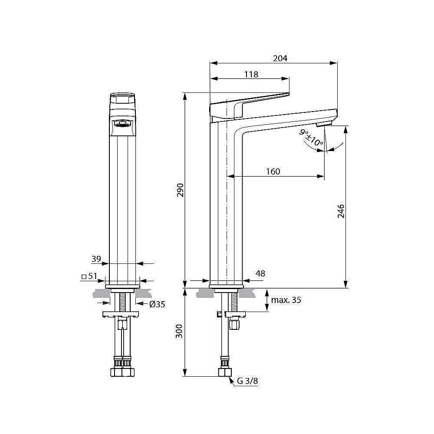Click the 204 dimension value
(280, 58)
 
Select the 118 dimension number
(251, 74)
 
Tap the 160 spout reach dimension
(273, 171)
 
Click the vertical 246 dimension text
(341, 211)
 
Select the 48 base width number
(260, 273)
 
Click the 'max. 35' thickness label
(286, 300)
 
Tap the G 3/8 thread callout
(247, 381)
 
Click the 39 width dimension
(96, 259)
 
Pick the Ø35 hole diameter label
(157, 304)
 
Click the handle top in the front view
(123, 98)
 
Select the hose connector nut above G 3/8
(224, 372)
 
